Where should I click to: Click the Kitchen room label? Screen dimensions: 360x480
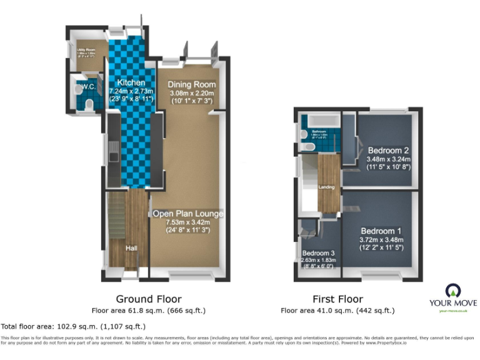(131, 82)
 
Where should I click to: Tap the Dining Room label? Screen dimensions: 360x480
(192, 84)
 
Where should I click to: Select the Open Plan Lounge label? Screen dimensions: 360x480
(187, 214)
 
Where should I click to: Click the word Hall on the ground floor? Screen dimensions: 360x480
(131, 248)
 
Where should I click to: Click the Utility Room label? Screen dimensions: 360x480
(85, 48)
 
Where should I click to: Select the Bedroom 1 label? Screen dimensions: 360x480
(382, 230)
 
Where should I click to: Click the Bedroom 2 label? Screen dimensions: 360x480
(388, 150)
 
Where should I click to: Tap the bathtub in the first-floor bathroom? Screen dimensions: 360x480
(321, 119)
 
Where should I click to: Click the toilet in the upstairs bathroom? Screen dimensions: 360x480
(307, 147)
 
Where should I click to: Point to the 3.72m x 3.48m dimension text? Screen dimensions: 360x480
(382, 239)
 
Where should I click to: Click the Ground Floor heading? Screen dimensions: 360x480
(149, 299)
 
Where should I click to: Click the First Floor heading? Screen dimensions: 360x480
(337, 299)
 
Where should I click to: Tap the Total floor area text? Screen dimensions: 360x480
(73, 326)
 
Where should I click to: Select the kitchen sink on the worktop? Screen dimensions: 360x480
(113, 150)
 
